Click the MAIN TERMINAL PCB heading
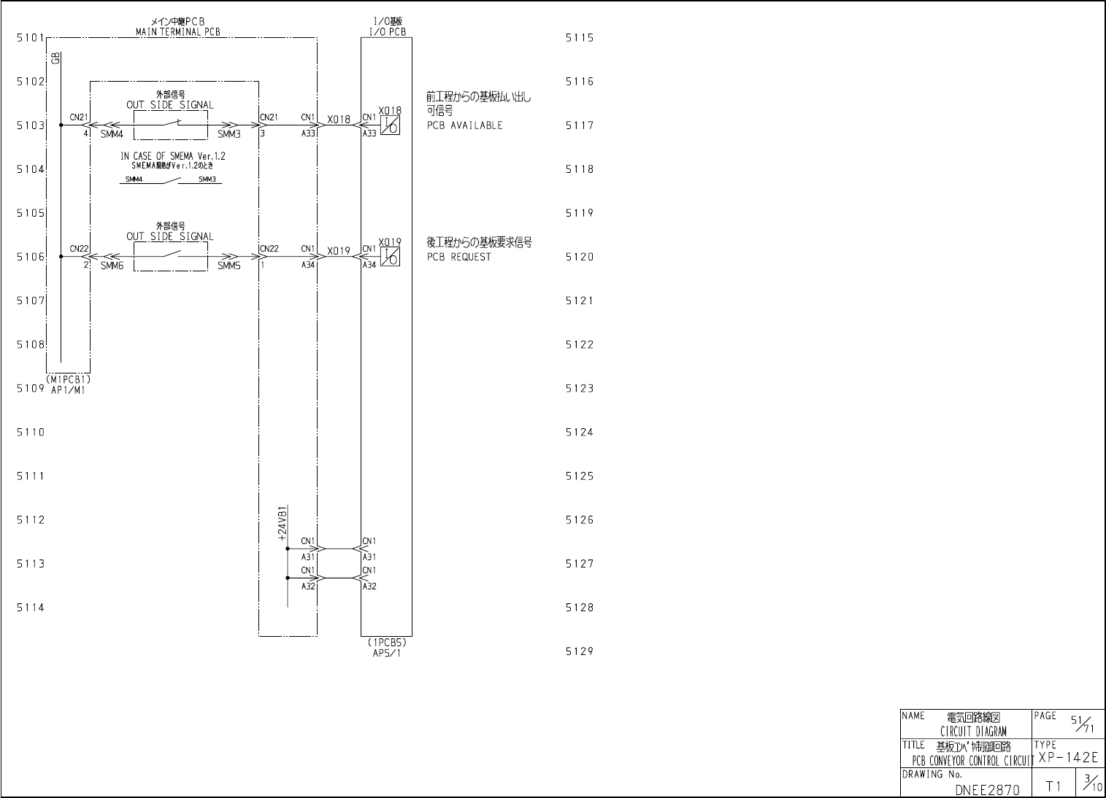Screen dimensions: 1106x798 click(x=177, y=32)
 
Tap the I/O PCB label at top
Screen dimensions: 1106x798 click(x=385, y=32)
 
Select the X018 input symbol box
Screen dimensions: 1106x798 click(x=391, y=125)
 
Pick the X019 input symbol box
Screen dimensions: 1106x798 click(x=391, y=257)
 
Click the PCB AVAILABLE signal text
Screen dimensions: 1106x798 click(x=465, y=125)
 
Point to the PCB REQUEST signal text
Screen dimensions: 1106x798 click(x=459, y=257)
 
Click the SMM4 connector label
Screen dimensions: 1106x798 click(x=112, y=134)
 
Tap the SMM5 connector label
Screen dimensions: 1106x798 click(x=229, y=266)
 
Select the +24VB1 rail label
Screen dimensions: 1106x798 click(x=283, y=522)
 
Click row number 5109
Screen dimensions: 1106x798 click(x=31, y=388)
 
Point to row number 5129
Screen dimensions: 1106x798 click(x=580, y=651)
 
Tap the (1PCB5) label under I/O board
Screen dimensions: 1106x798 click(x=387, y=643)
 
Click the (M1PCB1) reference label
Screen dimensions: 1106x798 click(x=68, y=380)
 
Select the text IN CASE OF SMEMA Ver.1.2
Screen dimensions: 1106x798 click(x=173, y=156)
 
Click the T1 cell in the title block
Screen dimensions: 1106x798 click(x=1053, y=786)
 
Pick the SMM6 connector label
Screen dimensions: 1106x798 click(x=112, y=266)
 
